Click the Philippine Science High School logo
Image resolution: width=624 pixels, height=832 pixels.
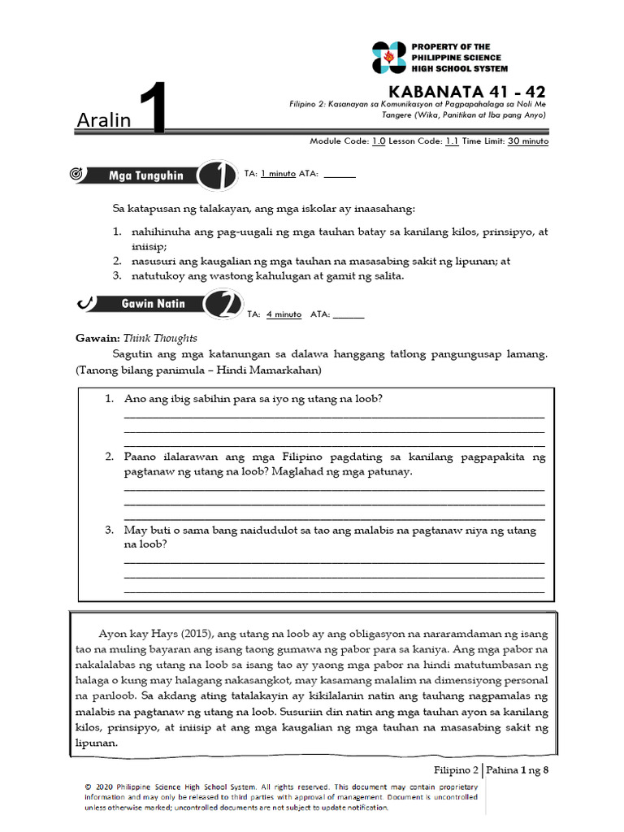tap(388, 58)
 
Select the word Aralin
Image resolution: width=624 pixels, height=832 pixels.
tap(103, 120)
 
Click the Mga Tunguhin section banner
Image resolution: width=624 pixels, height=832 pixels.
tap(146, 175)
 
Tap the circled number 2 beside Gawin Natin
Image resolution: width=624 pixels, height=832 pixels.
tap(219, 306)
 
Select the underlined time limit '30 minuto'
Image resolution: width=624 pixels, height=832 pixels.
tap(528, 141)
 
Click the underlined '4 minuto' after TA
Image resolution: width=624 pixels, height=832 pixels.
tap(284, 314)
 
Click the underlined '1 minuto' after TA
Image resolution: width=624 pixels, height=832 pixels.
tap(278, 174)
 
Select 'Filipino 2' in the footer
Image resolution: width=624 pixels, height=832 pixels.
tap(457, 769)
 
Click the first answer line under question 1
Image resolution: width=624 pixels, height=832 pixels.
tap(333, 416)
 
